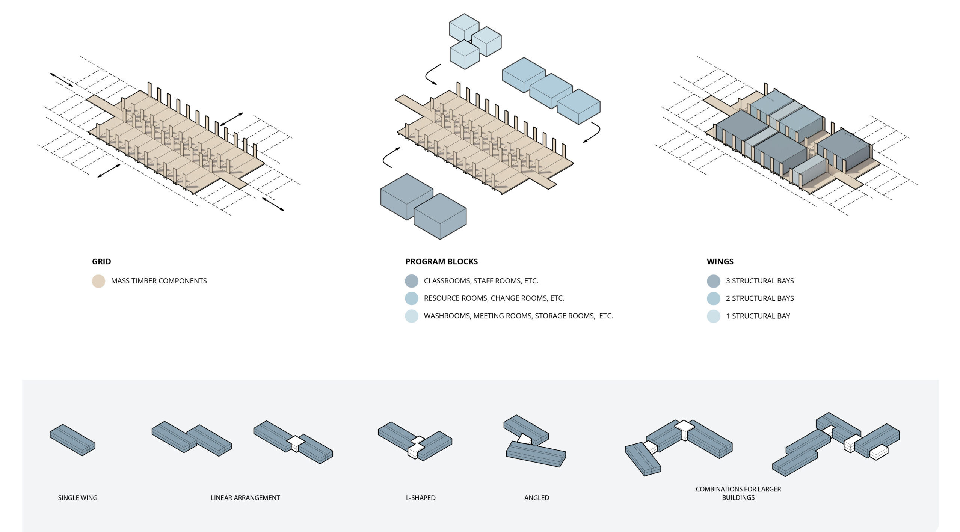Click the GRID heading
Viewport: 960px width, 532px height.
(x=101, y=262)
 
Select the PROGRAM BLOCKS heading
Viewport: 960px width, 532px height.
(x=441, y=262)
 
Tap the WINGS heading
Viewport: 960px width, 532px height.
(x=720, y=262)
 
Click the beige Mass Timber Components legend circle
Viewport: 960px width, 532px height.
(x=98, y=281)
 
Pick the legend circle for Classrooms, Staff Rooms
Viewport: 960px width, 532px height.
(x=412, y=281)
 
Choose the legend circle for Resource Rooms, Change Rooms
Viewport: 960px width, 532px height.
(x=412, y=298)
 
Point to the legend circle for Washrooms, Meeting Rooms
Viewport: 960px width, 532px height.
(x=412, y=316)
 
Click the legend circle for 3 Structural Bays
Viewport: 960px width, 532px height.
(x=713, y=281)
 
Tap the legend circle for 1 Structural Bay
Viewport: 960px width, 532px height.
(x=713, y=316)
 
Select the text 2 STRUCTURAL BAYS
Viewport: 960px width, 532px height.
(x=759, y=298)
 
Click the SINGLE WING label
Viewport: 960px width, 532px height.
(x=77, y=498)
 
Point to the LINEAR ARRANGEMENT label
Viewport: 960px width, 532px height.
(x=245, y=498)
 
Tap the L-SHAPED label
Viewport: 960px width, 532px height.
(x=420, y=498)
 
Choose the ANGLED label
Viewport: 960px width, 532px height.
(x=536, y=498)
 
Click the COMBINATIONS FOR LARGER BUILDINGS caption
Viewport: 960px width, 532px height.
(x=738, y=493)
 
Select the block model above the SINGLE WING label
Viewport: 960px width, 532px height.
(x=72, y=440)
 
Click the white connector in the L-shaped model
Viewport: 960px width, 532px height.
(x=416, y=446)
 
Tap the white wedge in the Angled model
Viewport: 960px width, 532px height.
(x=524, y=439)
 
